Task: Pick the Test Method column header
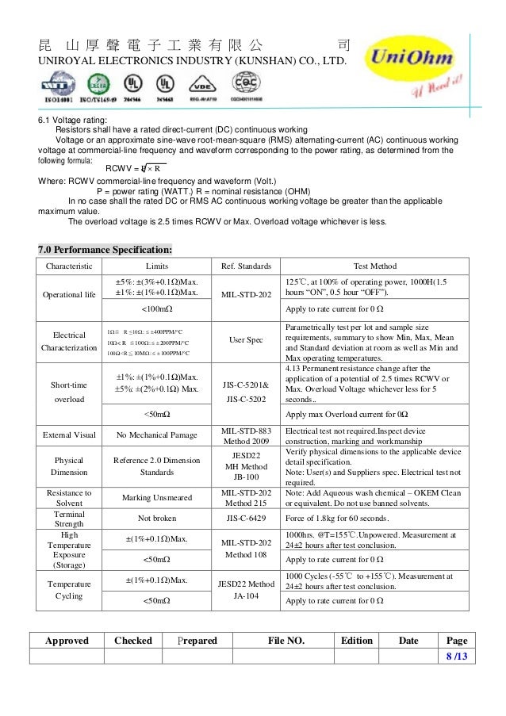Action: (x=375, y=266)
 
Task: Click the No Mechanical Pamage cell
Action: (x=157, y=435)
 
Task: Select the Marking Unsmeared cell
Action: (x=157, y=497)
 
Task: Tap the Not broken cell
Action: (x=157, y=518)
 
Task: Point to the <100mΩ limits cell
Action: (x=157, y=309)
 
